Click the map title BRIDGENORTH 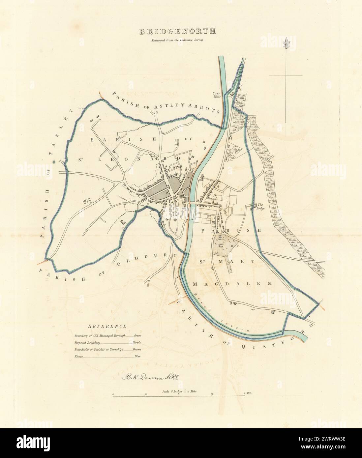pyautogui.click(x=177, y=32)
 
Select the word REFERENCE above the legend pyautogui.click(x=107, y=326)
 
